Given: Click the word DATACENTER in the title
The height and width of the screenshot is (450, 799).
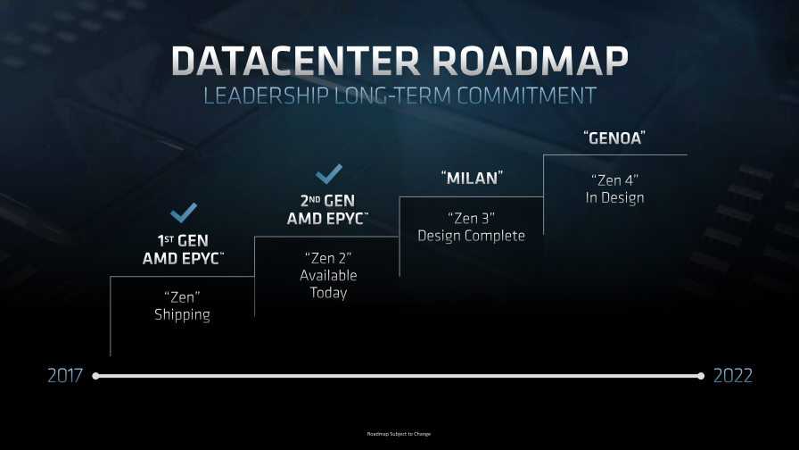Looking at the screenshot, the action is [x=296, y=62].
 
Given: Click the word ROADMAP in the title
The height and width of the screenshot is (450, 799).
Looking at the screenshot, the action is [x=531, y=62].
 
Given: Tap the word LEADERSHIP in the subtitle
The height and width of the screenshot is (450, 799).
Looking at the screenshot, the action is [x=266, y=96].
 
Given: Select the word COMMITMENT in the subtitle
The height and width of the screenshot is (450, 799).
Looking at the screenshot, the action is [x=526, y=96].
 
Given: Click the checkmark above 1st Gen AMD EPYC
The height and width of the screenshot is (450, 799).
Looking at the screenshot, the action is [x=184, y=212].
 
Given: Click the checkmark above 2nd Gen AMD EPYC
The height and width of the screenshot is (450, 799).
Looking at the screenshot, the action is [x=329, y=174].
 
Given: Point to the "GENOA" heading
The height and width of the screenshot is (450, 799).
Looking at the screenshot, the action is [x=614, y=137].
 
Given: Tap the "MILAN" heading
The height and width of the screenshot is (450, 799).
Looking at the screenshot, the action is [x=472, y=178].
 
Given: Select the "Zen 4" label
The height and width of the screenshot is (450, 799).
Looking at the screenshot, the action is [x=614, y=180].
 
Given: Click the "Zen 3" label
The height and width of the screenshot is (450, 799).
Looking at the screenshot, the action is [x=472, y=219].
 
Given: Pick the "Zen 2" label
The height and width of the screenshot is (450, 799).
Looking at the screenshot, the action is [x=328, y=258].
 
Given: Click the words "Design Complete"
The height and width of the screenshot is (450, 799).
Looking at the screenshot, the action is [x=472, y=236].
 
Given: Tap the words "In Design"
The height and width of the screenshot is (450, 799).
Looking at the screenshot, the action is [x=614, y=198].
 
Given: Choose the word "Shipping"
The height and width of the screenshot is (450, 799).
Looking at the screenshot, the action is [x=183, y=315].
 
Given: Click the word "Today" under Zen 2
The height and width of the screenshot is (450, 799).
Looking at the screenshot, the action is [x=328, y=293].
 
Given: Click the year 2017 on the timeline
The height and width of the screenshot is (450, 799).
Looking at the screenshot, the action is [x=65, y=376].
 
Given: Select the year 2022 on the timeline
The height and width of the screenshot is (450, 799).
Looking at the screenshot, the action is [x=733, y=376].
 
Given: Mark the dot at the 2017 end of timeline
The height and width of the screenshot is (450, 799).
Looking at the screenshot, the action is [x=95, y=376].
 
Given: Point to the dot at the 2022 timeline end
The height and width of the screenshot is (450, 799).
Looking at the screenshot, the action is [x=701, y=376].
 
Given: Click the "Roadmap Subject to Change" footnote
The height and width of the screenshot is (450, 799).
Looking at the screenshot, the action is [x=399, y=434].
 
